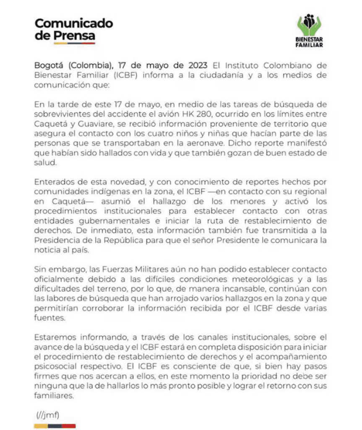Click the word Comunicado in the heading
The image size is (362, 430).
(73, 23)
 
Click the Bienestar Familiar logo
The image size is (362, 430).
(309, 31)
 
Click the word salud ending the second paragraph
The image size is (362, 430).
(44, 163)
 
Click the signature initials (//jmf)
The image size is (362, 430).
(48, 415)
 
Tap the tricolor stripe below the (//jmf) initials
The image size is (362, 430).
(55, 425)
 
